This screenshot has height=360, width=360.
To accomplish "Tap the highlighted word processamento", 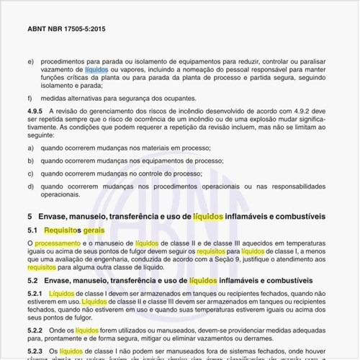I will (x=58, y=244).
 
